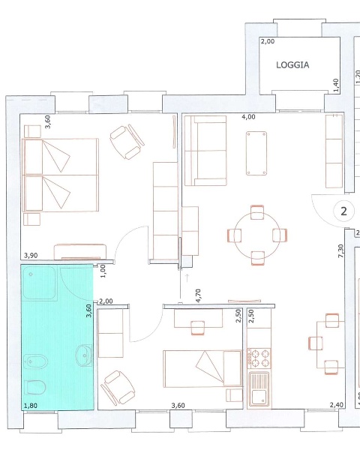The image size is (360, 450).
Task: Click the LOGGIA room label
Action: point(292,65)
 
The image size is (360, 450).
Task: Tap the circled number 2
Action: point(343,211)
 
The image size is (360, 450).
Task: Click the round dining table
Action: point(257,235)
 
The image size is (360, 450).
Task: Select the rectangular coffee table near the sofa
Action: point(256,153)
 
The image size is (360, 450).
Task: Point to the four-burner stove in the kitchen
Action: point(259,358)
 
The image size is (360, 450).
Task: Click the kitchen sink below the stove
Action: point(259,388)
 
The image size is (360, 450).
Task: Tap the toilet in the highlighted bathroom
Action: point(35,387)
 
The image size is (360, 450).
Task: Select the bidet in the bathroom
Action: point(35,361)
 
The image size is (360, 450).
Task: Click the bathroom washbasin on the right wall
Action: point(84,355)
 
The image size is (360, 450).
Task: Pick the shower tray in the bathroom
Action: point(39,283)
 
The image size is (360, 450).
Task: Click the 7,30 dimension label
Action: point(340,250)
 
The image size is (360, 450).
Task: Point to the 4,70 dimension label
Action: point(198,296)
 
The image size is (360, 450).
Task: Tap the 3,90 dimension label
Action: point(31,256)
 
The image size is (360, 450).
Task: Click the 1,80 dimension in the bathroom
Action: point(31,406)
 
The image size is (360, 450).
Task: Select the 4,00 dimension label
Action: point(248,117)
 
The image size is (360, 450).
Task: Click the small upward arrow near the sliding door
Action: point(187,277)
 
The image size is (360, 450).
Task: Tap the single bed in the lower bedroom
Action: point(202,368)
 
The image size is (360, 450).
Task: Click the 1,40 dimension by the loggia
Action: point(336,85)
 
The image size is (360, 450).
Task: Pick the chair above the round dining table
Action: point(257,212)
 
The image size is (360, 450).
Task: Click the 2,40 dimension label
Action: point(337,405)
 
